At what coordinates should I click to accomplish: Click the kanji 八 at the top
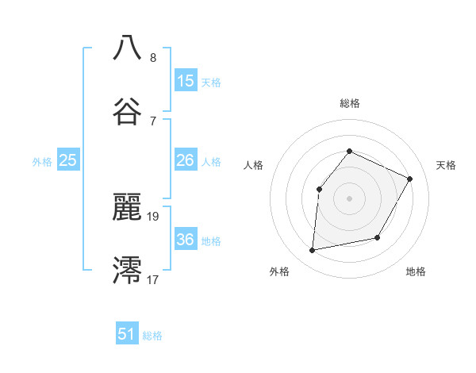(128, 48)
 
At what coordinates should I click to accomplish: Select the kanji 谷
(128, 111)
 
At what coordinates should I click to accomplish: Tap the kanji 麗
(128, 206)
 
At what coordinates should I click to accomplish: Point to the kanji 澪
(128, 270)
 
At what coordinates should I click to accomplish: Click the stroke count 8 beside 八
(153, 58)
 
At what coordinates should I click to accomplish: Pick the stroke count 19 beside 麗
(154, 215)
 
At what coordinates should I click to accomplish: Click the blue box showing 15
(186, 81)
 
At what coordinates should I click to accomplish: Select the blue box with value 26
(186, 160)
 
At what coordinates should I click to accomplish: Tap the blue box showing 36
(186, 240)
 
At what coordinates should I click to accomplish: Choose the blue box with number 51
(127, 334)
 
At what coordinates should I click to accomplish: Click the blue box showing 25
(68, 160)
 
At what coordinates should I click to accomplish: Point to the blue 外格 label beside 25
(42, 162)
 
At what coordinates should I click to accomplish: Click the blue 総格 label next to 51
(152, 336)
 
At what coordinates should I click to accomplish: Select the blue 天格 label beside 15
(211, 83)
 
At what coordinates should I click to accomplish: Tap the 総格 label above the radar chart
(350, 103)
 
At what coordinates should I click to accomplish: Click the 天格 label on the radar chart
(446, 165)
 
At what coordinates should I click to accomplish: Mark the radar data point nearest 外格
(313, 251)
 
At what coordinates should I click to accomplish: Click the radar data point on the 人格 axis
(319, 189)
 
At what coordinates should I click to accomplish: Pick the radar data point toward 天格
(410, 179)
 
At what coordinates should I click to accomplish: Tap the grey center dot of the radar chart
(349, 198)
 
